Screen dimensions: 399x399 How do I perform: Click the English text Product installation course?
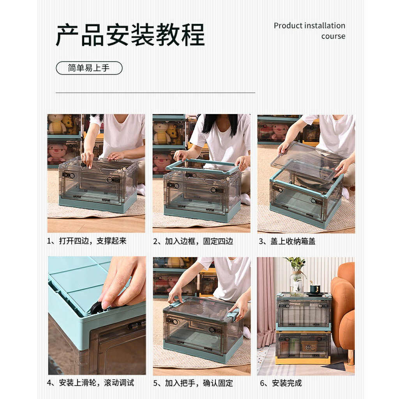pyautogui.click(x=310, y=30)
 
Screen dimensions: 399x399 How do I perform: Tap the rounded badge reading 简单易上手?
pyautogui.click(x=89, y=68)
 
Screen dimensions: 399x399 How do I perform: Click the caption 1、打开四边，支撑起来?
pyautogui.click(x=87, y=241)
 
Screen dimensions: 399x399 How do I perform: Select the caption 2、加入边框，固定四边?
pyautogui.click(x=193, y=241)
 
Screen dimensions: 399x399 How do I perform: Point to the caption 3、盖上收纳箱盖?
pyautogui.click(x=287, y=241)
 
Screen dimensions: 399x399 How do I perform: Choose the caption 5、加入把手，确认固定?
pyautogui.click(x=193, y=383)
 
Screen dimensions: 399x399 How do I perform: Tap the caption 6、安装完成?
pyautogui.click(x=281, y=383)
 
